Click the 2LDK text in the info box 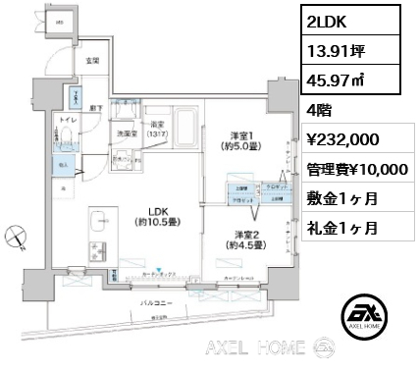click(x=327, y=21)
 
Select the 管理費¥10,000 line click(x=354, y=169)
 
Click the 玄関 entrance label click(x=91, y=61)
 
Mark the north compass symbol click(x=17, y=236)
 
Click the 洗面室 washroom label click(x=125, y=133)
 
